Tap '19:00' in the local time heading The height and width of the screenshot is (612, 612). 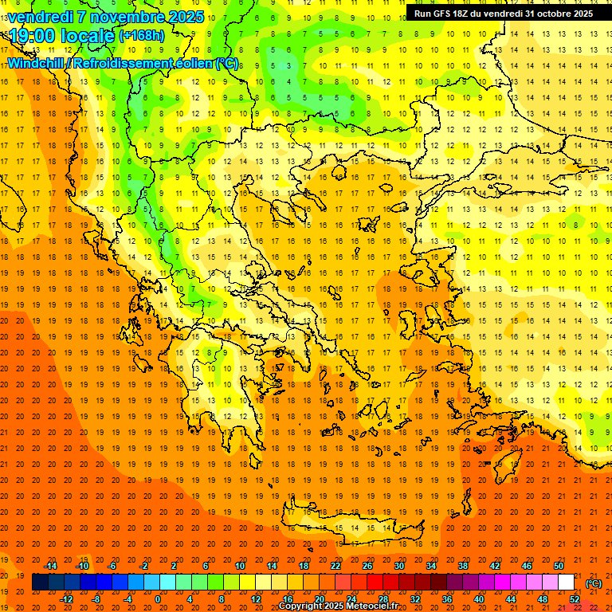(30, 36)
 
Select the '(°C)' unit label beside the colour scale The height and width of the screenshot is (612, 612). (594, 583)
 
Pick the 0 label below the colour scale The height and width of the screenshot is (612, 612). (158, 599)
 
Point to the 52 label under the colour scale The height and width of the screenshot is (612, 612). (575, 599)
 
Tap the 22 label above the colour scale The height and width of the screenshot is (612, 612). (335, 566)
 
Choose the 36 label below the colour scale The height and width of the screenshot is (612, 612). (447, 599)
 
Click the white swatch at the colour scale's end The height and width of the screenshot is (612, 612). (567, 583)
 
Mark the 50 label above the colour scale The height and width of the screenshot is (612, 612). (559, 566)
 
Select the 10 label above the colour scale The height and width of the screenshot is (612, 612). (240, 566)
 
